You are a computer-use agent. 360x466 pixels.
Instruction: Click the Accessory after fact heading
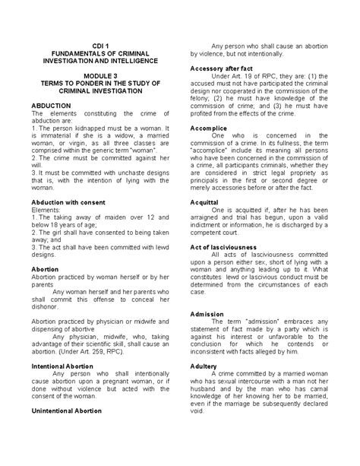coord(220,68)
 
